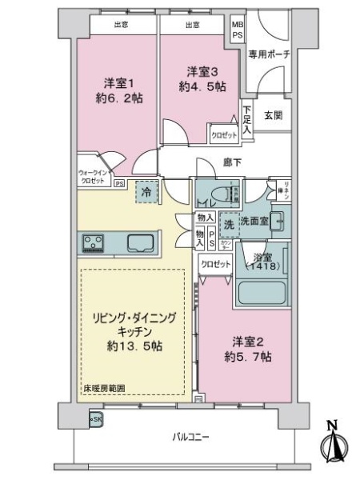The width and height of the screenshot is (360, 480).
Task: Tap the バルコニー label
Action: [190, 437]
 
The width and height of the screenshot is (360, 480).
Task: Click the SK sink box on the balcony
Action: [95, 418]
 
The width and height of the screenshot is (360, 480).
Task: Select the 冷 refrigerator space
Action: [146, 192]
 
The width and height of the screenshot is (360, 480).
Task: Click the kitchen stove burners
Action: [91, 242]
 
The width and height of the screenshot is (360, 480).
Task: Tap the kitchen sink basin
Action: [141, 242]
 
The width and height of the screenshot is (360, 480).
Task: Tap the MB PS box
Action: [238, 31]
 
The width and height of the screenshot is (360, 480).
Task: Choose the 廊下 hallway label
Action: [233, 161]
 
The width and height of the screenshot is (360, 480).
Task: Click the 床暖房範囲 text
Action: [103, 389]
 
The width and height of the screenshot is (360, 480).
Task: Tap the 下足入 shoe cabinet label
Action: [248, 118]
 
